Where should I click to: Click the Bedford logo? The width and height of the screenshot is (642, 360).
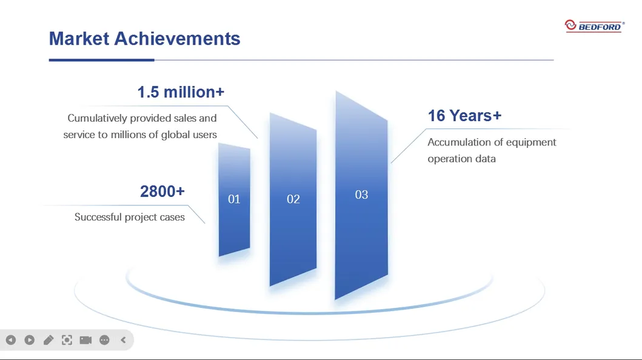click(x=595, y=26)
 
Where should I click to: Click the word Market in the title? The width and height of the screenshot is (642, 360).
click(x=79, y=38)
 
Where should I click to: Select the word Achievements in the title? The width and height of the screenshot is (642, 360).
click(x=177, y=38)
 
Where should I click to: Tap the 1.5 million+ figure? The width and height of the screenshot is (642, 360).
click(x=181, y=92)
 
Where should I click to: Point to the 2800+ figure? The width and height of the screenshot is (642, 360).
click(x=162, y=191)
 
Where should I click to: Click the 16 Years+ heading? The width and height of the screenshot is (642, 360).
click(x=464, y=116)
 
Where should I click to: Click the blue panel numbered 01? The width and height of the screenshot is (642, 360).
click(x=234, y=199)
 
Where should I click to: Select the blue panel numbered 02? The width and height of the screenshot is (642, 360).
click(x=293, y=199)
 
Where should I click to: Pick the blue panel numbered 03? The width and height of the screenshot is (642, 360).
click(x=361, y=195)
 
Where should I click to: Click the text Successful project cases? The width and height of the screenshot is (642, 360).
click(x=129, y=217)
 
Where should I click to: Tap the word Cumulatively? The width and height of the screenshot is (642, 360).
click(x=97, y=118)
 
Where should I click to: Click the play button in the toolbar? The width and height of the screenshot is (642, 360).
click(x=30, y=340)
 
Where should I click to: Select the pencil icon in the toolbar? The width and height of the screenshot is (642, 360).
click(x=48, y=340)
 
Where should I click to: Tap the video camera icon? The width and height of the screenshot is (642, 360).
click(x=85, y=340)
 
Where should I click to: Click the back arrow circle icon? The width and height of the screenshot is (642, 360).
click(x=11, y=340)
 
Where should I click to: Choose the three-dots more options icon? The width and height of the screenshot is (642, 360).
click(x=104, y=340)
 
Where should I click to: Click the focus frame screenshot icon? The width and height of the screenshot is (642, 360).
click(x=67, y=340)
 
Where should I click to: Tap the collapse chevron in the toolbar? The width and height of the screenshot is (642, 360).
click(x=123, y=340)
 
